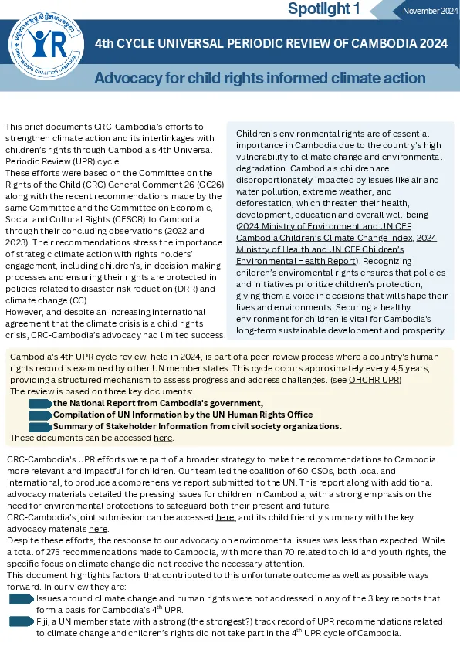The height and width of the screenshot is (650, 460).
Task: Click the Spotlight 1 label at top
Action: [x=323, y=9]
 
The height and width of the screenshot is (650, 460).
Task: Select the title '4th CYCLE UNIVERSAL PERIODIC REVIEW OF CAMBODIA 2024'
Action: [x=270, y=44]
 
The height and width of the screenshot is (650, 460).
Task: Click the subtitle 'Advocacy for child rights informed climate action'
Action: [x=259, y=78]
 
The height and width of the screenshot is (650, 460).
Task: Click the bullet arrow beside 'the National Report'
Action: [x=40, y=403]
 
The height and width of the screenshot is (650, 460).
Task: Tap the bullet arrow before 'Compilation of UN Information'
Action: [x=40, y=415]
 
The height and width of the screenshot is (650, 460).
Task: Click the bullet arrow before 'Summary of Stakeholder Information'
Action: [x=40, y=426]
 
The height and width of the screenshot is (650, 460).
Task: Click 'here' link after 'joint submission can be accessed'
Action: [x=225, y=516]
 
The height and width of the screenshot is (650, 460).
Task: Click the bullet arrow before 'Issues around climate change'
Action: [x=22, y=598]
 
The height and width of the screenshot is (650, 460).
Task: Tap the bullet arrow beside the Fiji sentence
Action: [x=22, y=621]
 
